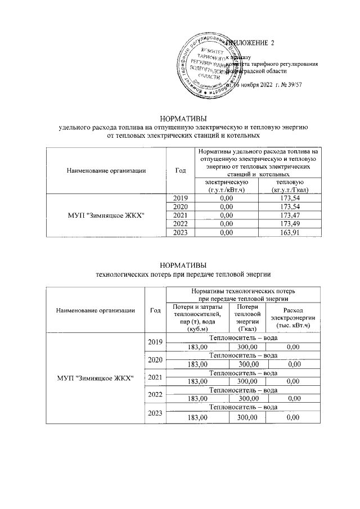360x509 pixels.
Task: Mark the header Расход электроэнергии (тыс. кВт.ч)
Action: click(292, 318)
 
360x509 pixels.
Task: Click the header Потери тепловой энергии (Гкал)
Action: click(248, 318)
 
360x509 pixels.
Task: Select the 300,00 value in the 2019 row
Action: click(248, 348)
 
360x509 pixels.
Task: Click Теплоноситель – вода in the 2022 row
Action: click(243, 390)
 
